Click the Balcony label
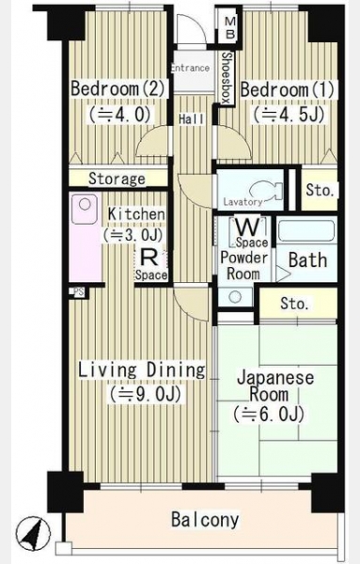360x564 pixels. coord(205,520)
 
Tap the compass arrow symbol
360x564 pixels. coord(33,534)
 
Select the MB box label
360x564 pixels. coord(229,28)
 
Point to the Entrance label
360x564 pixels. coord(190,68)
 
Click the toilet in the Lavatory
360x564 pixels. coord(264,191)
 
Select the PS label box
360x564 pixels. coord(79,292)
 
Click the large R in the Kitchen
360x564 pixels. coord(149,258)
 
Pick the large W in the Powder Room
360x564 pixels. coord(248,227)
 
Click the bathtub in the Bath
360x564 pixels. coord(306,231)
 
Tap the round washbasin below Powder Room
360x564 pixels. coord(235,297)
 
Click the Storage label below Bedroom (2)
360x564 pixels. coord(117,179)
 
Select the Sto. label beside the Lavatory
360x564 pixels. coord(320,190)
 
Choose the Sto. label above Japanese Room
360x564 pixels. coord(294,304)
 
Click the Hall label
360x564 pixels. coord(192,119)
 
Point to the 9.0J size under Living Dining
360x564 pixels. coord(146,394)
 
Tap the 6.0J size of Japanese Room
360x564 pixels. coord(269,414)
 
